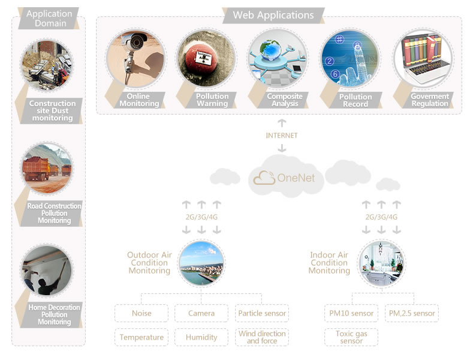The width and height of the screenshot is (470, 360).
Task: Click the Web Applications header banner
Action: tap(273, 15)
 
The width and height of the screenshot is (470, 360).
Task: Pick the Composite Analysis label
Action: tap(285, 100)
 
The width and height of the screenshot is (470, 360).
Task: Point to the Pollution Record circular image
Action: tap(350, 59)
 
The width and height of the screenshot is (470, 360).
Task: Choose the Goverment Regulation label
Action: tap(429, 100)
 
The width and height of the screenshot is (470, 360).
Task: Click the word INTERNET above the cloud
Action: tap(282, 136)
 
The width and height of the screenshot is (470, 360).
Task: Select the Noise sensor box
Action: tap(141, 313)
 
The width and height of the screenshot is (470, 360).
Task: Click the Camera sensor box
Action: tap(201, 313)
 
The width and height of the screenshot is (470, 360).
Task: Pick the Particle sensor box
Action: tap(262, 313)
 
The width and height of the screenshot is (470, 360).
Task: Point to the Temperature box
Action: tap(141, 337)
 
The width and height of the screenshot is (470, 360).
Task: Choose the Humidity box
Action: tap(201, 337)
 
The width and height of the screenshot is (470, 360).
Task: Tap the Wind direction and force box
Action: tap(262, 337)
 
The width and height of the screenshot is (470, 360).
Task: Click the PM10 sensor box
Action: tap(351, 313)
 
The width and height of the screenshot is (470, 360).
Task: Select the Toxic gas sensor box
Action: tap(351, 337)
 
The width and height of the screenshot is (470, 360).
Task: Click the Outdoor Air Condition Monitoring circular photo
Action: tap(201, 263)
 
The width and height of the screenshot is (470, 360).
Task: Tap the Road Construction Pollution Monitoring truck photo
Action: tap(47, 167)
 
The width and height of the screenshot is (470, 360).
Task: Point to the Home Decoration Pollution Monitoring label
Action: tap(54, 315)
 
